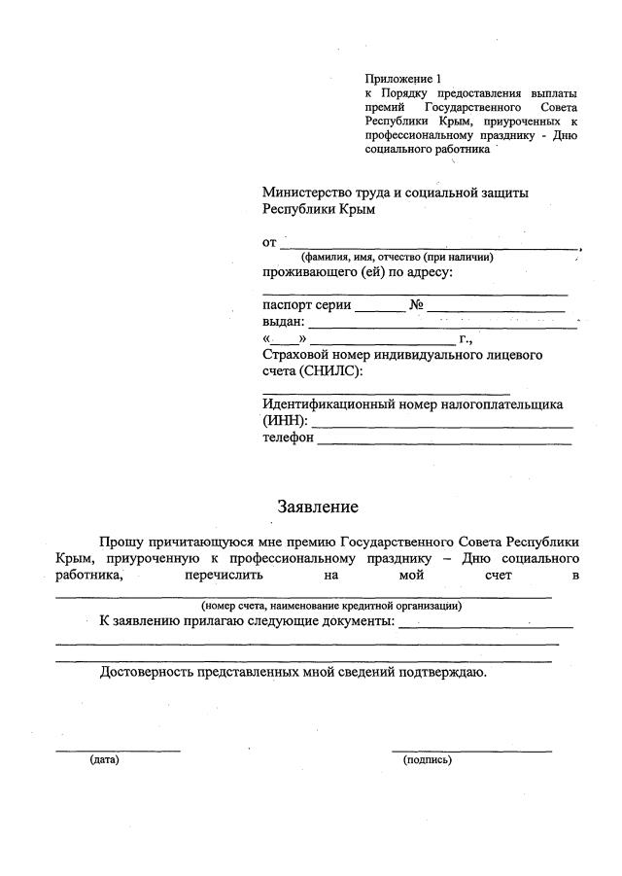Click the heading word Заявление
coord(318,507)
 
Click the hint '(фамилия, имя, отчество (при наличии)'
coord(397,257)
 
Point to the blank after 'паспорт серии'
coord(379,309)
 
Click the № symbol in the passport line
coord(417,304)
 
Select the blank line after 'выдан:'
coord(441,326)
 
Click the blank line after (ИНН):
coord(441,425)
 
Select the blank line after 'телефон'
coord(444,442)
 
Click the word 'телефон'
coord(288,438)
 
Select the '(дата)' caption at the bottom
coord(104,759)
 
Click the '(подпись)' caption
coord(427,759)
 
